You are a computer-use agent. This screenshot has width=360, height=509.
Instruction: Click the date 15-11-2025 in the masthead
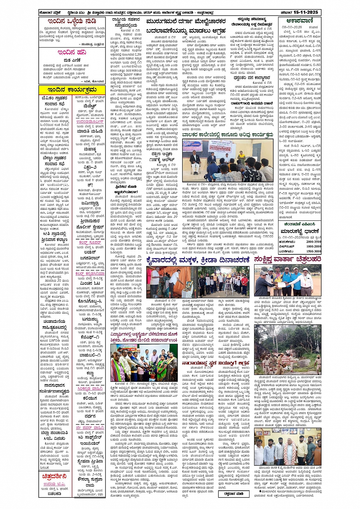308,12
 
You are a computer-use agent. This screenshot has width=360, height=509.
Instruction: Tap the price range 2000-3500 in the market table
313,241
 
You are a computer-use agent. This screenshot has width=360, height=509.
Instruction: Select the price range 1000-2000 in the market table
313,246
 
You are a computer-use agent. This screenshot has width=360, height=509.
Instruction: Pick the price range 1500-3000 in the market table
313,251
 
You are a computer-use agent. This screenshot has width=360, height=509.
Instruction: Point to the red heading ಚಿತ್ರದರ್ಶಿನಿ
54,476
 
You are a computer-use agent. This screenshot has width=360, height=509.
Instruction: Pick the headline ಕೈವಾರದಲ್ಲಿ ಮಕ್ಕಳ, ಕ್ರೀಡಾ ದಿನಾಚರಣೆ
198,260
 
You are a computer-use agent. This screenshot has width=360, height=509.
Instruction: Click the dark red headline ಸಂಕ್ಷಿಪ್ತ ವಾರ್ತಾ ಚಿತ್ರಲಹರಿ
288,260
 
